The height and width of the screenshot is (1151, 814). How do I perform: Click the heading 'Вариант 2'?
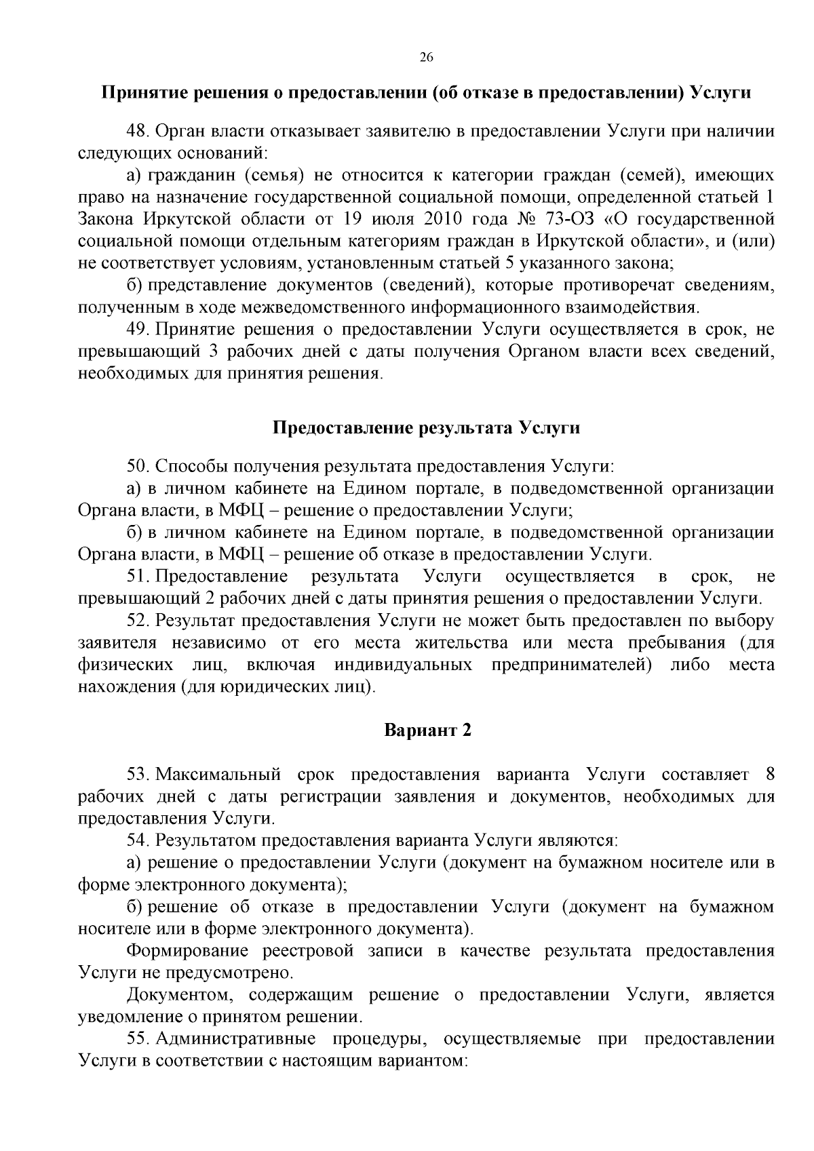click(427, 730)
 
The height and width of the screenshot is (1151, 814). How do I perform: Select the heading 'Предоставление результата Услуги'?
click(427, 428)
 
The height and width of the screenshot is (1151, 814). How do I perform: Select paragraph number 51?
click(138, 577)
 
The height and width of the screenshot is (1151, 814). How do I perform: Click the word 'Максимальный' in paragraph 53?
click(218, 775)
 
